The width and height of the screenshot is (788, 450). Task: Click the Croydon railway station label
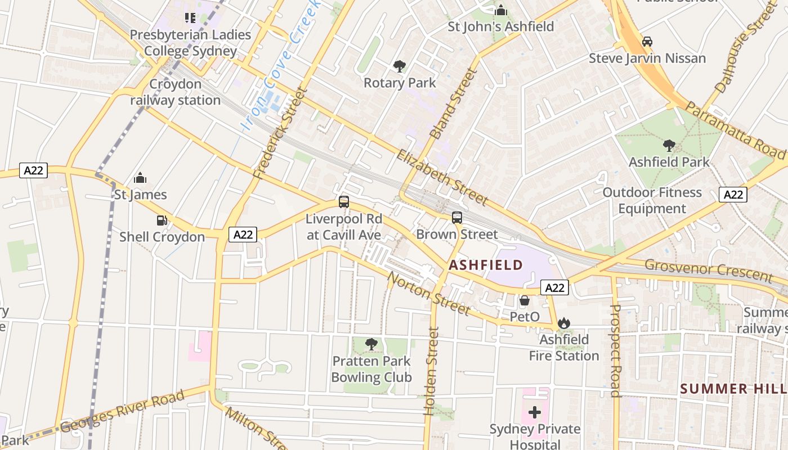176,92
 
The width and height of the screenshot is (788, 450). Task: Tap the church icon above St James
140,179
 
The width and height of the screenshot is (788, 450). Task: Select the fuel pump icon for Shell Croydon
162,220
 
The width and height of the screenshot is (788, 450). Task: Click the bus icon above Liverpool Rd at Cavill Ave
344,201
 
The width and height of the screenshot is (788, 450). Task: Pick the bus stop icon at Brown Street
457,217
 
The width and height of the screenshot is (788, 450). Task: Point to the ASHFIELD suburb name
486,265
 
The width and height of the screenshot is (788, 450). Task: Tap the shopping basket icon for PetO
524,300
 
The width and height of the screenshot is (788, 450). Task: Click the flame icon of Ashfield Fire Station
563,323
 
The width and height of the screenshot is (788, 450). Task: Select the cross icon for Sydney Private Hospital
535,412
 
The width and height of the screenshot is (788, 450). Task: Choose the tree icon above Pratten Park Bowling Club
371,344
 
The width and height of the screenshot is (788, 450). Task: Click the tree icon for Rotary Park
400,66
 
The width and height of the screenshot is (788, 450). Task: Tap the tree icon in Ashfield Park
669,146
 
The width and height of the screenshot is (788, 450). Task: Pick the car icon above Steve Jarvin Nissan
647,42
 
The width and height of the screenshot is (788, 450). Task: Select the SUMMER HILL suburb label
733,389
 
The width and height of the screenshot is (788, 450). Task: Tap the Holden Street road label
431,372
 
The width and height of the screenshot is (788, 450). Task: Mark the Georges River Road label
122,411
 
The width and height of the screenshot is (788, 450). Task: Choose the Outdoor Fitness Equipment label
652,200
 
